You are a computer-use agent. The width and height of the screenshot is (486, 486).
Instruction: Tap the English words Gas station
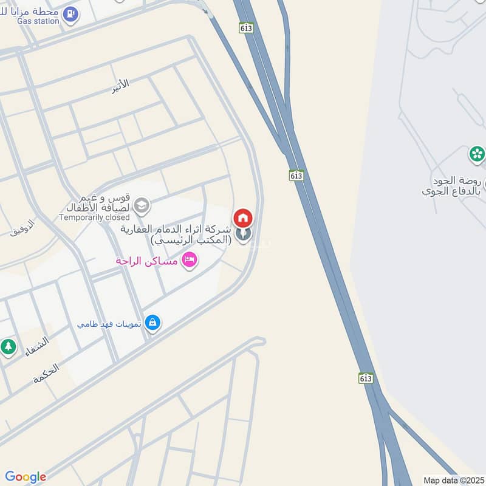(x=38, y=21)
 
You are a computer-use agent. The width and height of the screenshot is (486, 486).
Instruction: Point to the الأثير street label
(x=120, y=86)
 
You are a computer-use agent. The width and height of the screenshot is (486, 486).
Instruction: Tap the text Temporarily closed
(x=94, y=217)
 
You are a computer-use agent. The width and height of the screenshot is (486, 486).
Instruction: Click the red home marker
(x=243, y=217)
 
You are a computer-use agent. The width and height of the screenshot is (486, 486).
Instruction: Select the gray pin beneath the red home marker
(x=243, y=234)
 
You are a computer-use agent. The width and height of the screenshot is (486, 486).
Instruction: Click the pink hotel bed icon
(x=190, y=261)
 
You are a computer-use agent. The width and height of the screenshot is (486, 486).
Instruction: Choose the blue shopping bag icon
(x=153, y=323)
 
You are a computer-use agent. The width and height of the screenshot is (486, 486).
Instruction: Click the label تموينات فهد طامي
(x=109, y=324)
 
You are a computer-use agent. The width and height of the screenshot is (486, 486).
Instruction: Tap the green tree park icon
(x=8, y=347)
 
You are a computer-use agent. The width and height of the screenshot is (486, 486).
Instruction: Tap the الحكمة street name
(x=46, y=373)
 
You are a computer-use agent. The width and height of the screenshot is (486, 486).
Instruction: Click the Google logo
(x=26, y=477)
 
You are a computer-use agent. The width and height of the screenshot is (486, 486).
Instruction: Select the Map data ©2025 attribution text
(x=452, y=480)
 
